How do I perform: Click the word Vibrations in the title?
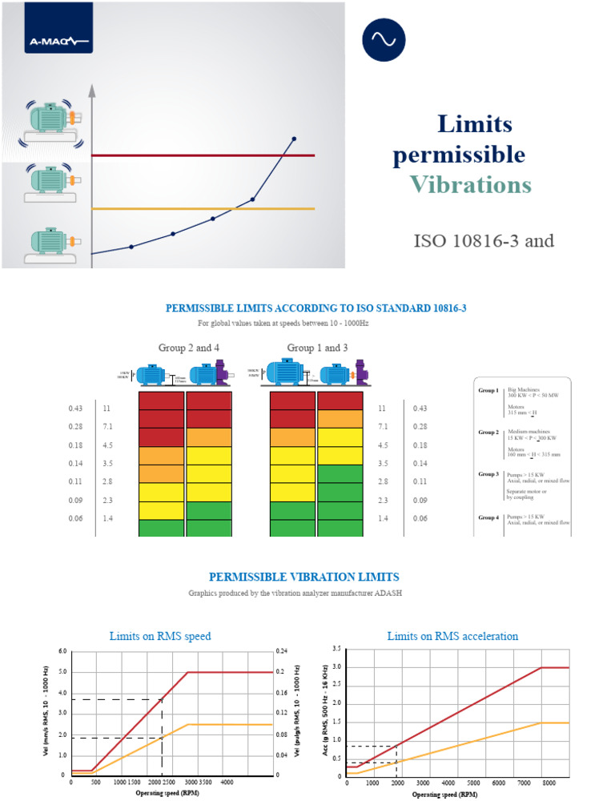tap(470, 185)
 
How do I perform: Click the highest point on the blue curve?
tap(294, 139)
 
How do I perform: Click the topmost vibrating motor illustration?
tap(50, 119)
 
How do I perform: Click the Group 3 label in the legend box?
tap(488, 474)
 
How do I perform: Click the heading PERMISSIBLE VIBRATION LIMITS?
tap(303, 577)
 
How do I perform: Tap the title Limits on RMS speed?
tap(159, 636)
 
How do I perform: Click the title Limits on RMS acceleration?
tap(452, 636)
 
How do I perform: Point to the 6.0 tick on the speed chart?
tap(62, 651)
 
